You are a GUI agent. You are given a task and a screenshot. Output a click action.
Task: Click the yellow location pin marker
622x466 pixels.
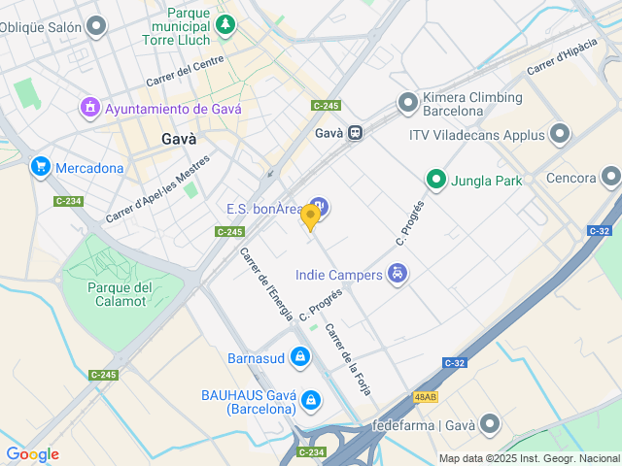310,216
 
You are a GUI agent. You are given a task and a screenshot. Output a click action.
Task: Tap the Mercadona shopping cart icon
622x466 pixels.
40,167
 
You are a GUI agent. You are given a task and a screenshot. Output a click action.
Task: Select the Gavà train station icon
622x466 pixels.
357,133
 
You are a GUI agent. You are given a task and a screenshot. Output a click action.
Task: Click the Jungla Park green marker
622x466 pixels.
436,180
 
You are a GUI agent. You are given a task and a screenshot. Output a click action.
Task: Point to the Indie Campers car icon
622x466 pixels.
397,275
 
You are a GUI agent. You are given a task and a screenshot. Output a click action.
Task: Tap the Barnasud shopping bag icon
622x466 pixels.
300,358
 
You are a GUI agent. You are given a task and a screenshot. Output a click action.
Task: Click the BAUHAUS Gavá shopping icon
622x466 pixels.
310,399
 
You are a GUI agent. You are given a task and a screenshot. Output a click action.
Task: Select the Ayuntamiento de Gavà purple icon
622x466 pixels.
89,107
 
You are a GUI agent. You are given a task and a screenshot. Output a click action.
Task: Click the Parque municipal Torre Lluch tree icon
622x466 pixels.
225,23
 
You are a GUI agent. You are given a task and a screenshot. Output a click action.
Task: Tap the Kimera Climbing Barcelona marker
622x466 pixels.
407,103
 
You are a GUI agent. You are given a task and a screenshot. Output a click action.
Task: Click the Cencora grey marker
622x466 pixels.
610,177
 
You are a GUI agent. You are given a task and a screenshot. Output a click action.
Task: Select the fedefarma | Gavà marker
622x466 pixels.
490,424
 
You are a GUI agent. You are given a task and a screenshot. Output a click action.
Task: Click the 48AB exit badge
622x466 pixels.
425,396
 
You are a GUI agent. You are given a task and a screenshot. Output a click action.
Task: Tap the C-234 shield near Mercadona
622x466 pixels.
68,201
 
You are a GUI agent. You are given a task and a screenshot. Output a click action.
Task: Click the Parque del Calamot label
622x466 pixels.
120,293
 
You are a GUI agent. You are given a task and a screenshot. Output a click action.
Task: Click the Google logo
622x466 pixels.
32,454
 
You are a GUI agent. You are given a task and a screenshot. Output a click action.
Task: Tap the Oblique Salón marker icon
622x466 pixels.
95,26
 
